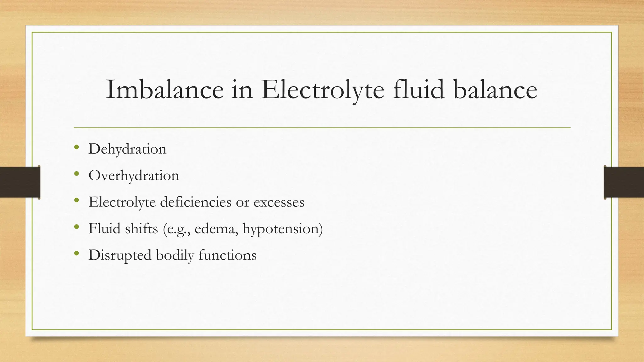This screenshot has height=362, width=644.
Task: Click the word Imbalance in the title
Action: pyautogui.click(x=164, y=90)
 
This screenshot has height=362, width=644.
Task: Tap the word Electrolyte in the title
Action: pyautogui.click(x=322, y=90)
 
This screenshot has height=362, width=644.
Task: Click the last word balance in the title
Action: pyautogui.click(x=495, y=90)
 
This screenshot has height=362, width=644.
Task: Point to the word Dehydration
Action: pyautogui.click(x=127, y=149)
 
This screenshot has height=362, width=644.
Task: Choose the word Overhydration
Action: pyautogui.click(x=134, y=175)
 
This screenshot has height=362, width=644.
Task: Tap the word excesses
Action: pyautogui.click(x=279, y=202)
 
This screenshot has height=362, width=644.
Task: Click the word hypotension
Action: pyautogui.click(x=280, y=228)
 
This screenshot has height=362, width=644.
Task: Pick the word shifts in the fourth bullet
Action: pyautogui.click(x=141, y=228)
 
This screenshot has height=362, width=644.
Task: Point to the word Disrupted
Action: pyautogui.click(x=120, y=255)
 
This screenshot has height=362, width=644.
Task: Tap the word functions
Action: pyautogui.click(x=227, y=255)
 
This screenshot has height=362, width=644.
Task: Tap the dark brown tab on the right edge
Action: pyautogui.click(x=624, y=182)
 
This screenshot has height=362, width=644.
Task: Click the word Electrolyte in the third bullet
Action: pyautogui.click(x=122, y=202)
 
